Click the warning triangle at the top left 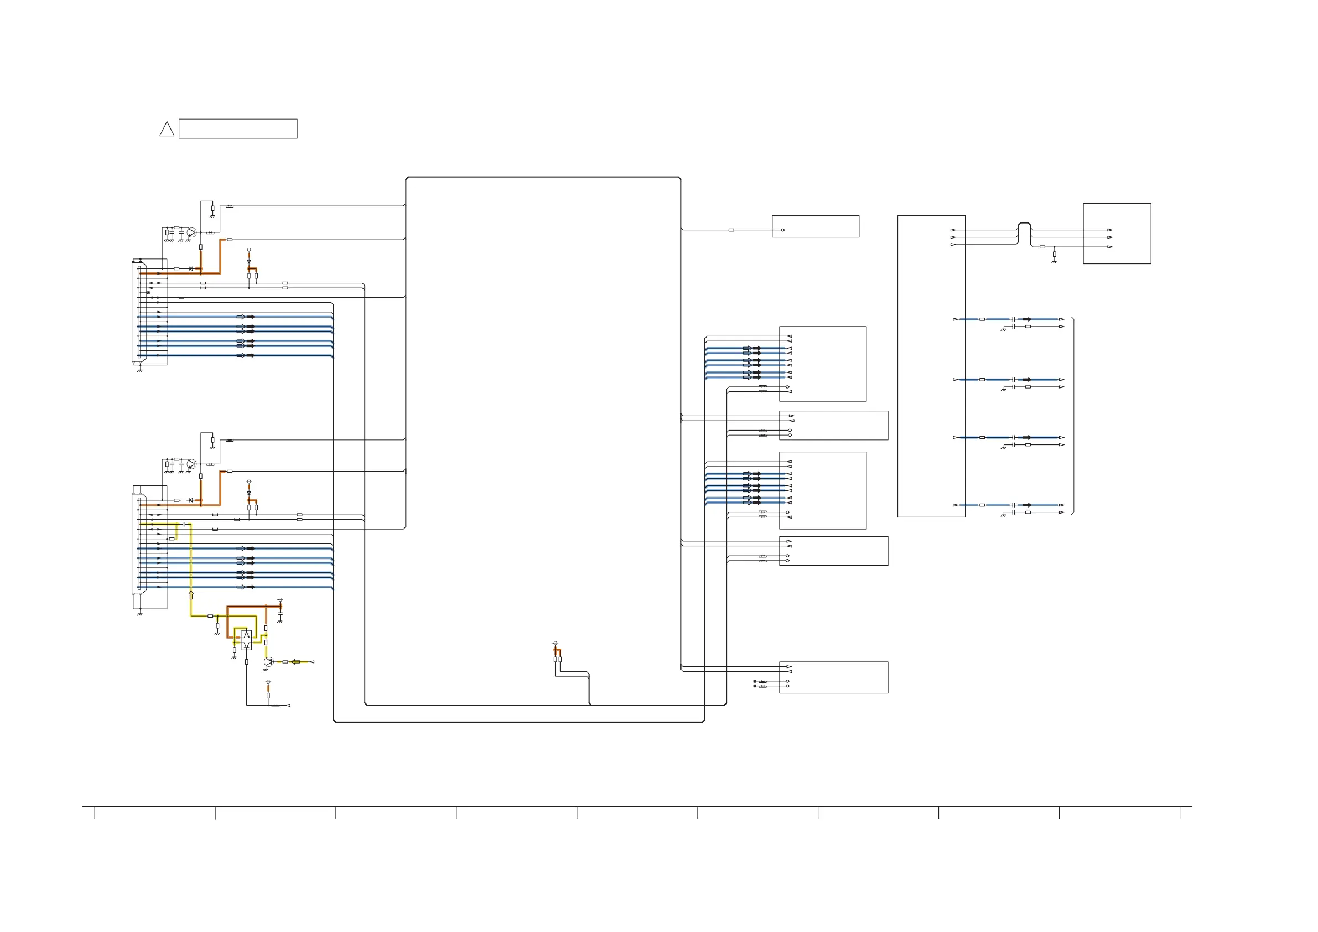167,129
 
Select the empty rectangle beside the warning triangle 238,128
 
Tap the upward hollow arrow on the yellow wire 191,595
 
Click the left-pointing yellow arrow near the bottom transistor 295,662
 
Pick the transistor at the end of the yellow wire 268,662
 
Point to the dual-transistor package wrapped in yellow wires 246,640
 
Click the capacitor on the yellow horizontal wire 184,524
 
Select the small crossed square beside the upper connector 148,293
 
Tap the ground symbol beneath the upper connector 140,370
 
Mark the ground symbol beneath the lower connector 140,614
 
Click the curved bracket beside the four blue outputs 1073,415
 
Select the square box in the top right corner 1117,233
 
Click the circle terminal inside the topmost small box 782,230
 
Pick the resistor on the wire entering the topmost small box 731,230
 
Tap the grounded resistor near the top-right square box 1054,254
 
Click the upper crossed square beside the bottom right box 754,681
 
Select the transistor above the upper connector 192,232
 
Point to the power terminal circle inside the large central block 555,643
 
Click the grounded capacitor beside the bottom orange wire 280,614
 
